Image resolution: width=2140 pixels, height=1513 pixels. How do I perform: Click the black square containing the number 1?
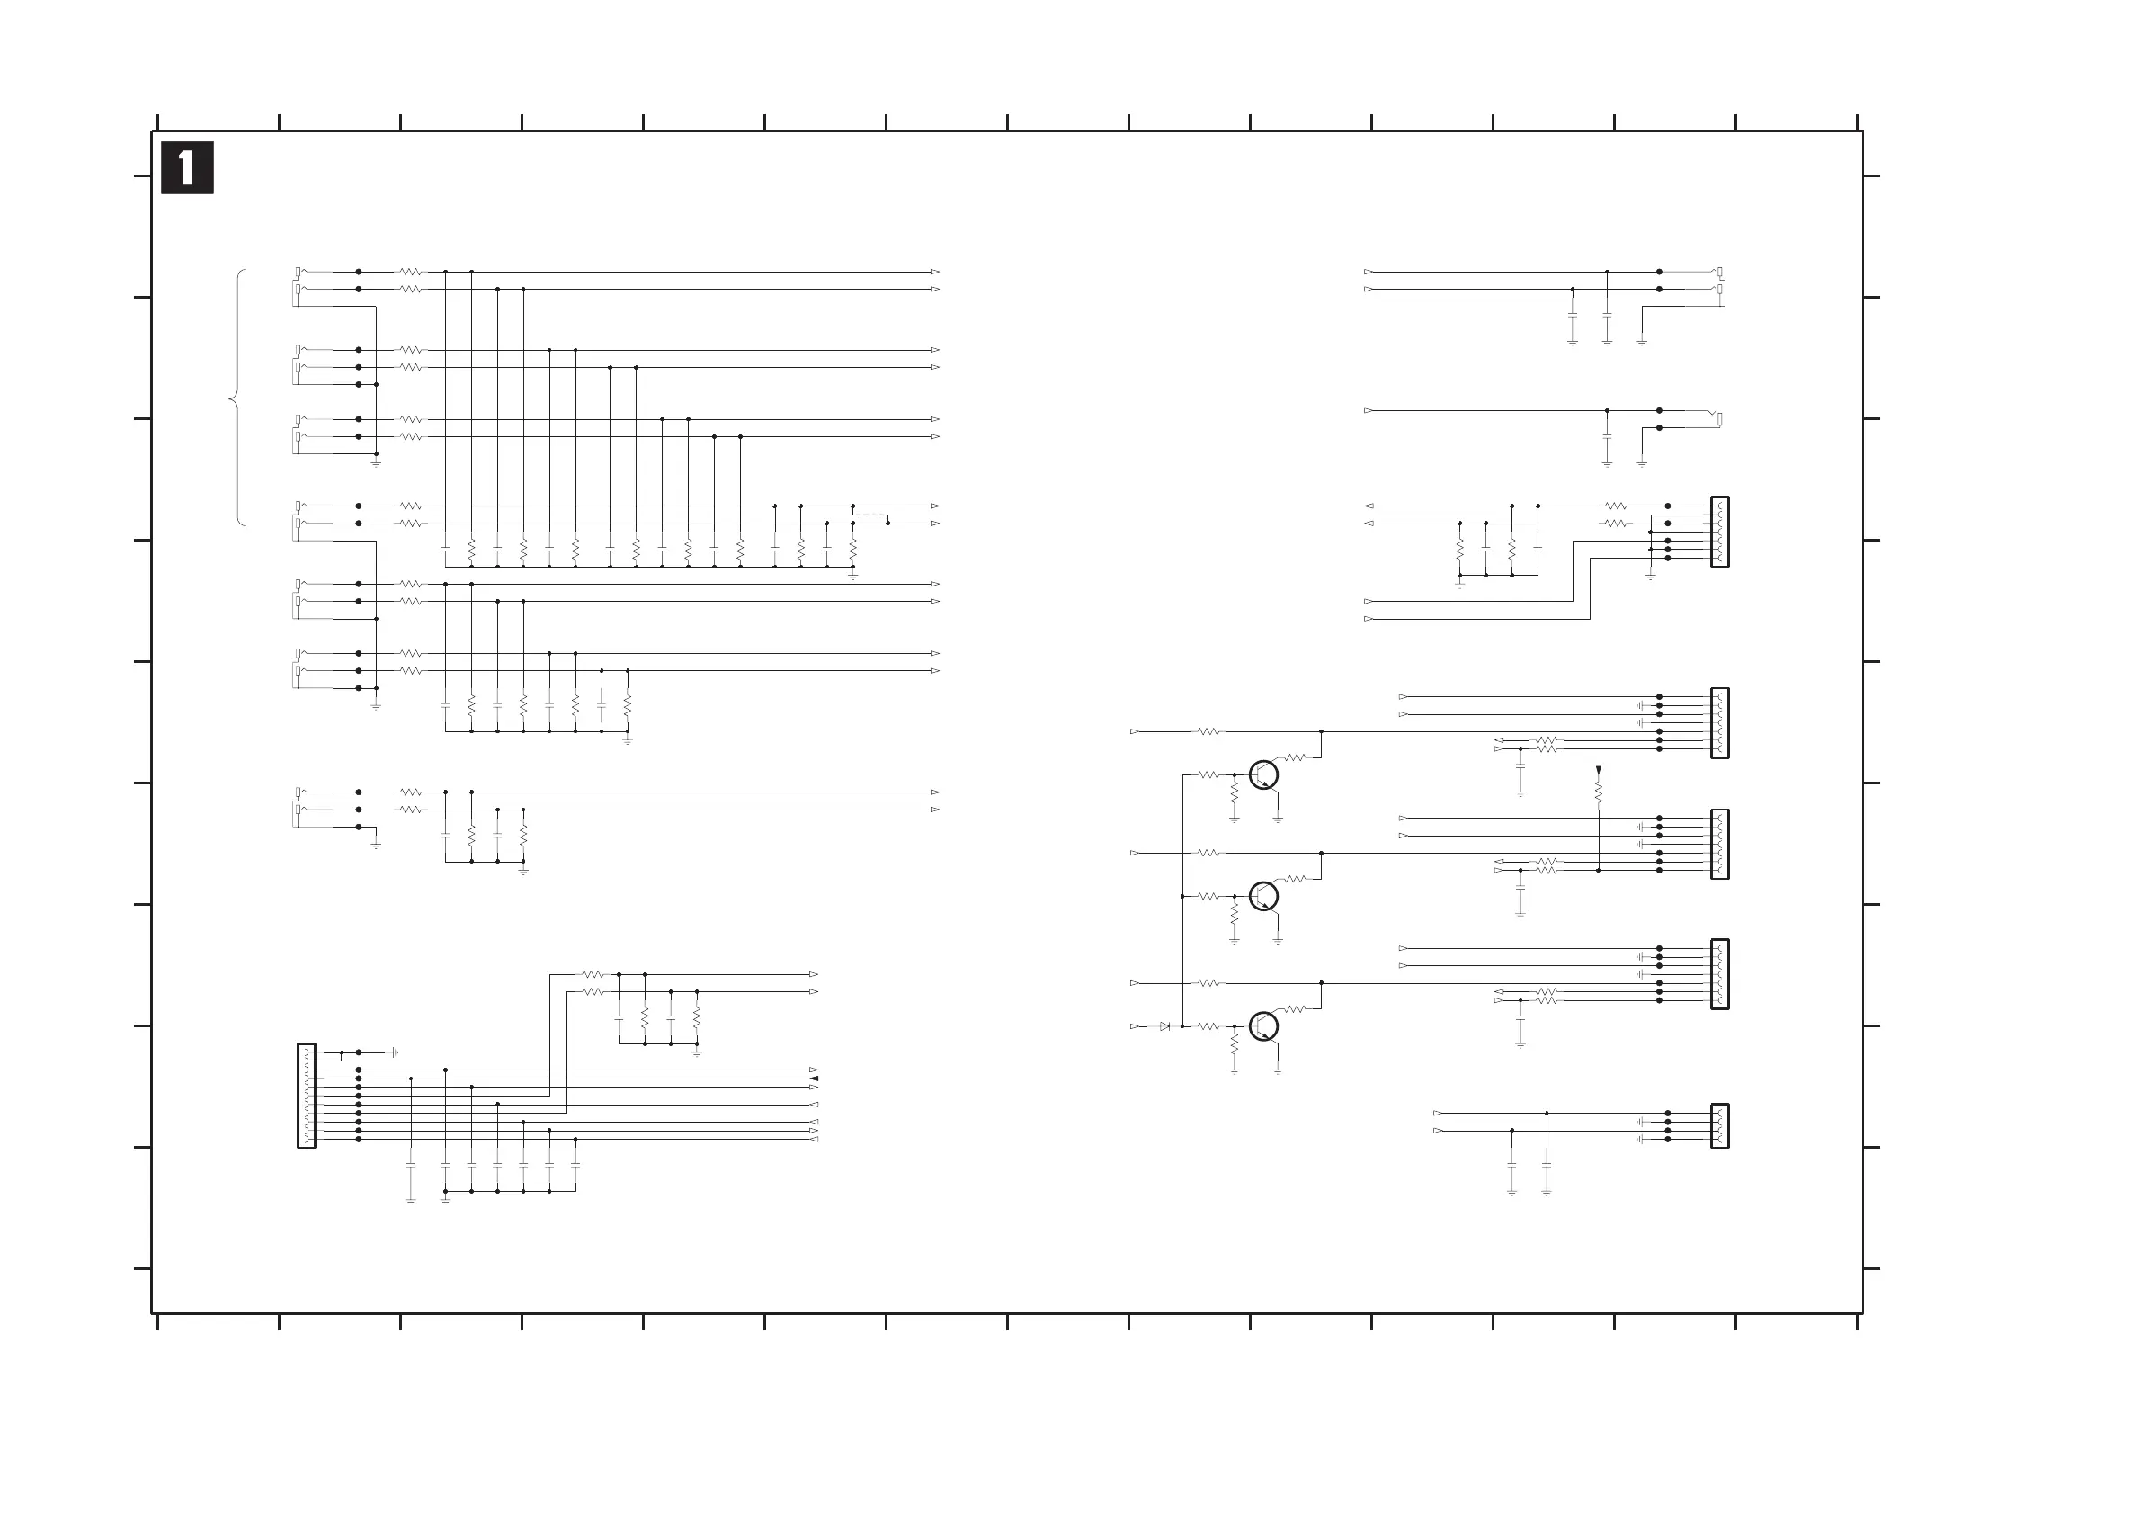click(x=187, y=168)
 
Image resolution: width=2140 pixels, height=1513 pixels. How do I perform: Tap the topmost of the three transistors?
click(x=1263, y=774)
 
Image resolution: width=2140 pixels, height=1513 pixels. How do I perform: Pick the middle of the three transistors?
click(x=1263, y=896)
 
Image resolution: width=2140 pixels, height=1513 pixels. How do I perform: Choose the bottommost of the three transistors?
click(x=1263, y=1026)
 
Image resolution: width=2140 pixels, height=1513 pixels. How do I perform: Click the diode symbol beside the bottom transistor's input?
click(x=1164, y=1026)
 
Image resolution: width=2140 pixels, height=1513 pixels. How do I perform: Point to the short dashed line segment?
click(x=870, y=515)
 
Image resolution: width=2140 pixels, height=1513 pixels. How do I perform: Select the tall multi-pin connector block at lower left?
click(x=307, y=1096)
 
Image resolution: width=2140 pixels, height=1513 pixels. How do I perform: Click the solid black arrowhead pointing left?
click(x=814, y=1079)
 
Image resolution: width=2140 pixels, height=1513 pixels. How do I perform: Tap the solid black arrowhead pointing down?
click(x=1599, y=771)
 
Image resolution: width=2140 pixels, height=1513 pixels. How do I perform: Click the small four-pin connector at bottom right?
click(x=1719, y=1126)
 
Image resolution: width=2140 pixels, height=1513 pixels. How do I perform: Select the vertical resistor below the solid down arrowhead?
click(x=1599, y=792)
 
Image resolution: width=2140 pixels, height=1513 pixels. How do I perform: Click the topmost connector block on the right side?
click(x=1719, y=532)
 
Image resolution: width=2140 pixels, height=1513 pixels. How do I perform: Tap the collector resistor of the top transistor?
click(x=1296, y=758)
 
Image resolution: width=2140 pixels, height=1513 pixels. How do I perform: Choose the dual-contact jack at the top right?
click(x=1718, y=281)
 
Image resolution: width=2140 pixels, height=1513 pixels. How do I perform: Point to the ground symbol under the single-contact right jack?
click(x=1641, y=461)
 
